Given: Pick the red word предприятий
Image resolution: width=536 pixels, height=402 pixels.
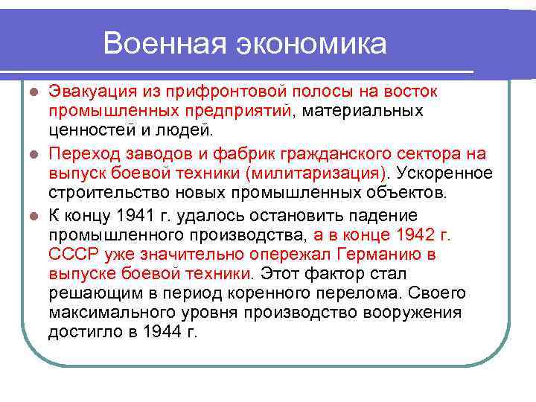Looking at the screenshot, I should pos(237,111).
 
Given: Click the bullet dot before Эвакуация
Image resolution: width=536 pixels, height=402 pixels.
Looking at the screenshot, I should pos(32,92).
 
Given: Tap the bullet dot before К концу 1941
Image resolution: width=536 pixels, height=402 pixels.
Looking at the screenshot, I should pos(32,216).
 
